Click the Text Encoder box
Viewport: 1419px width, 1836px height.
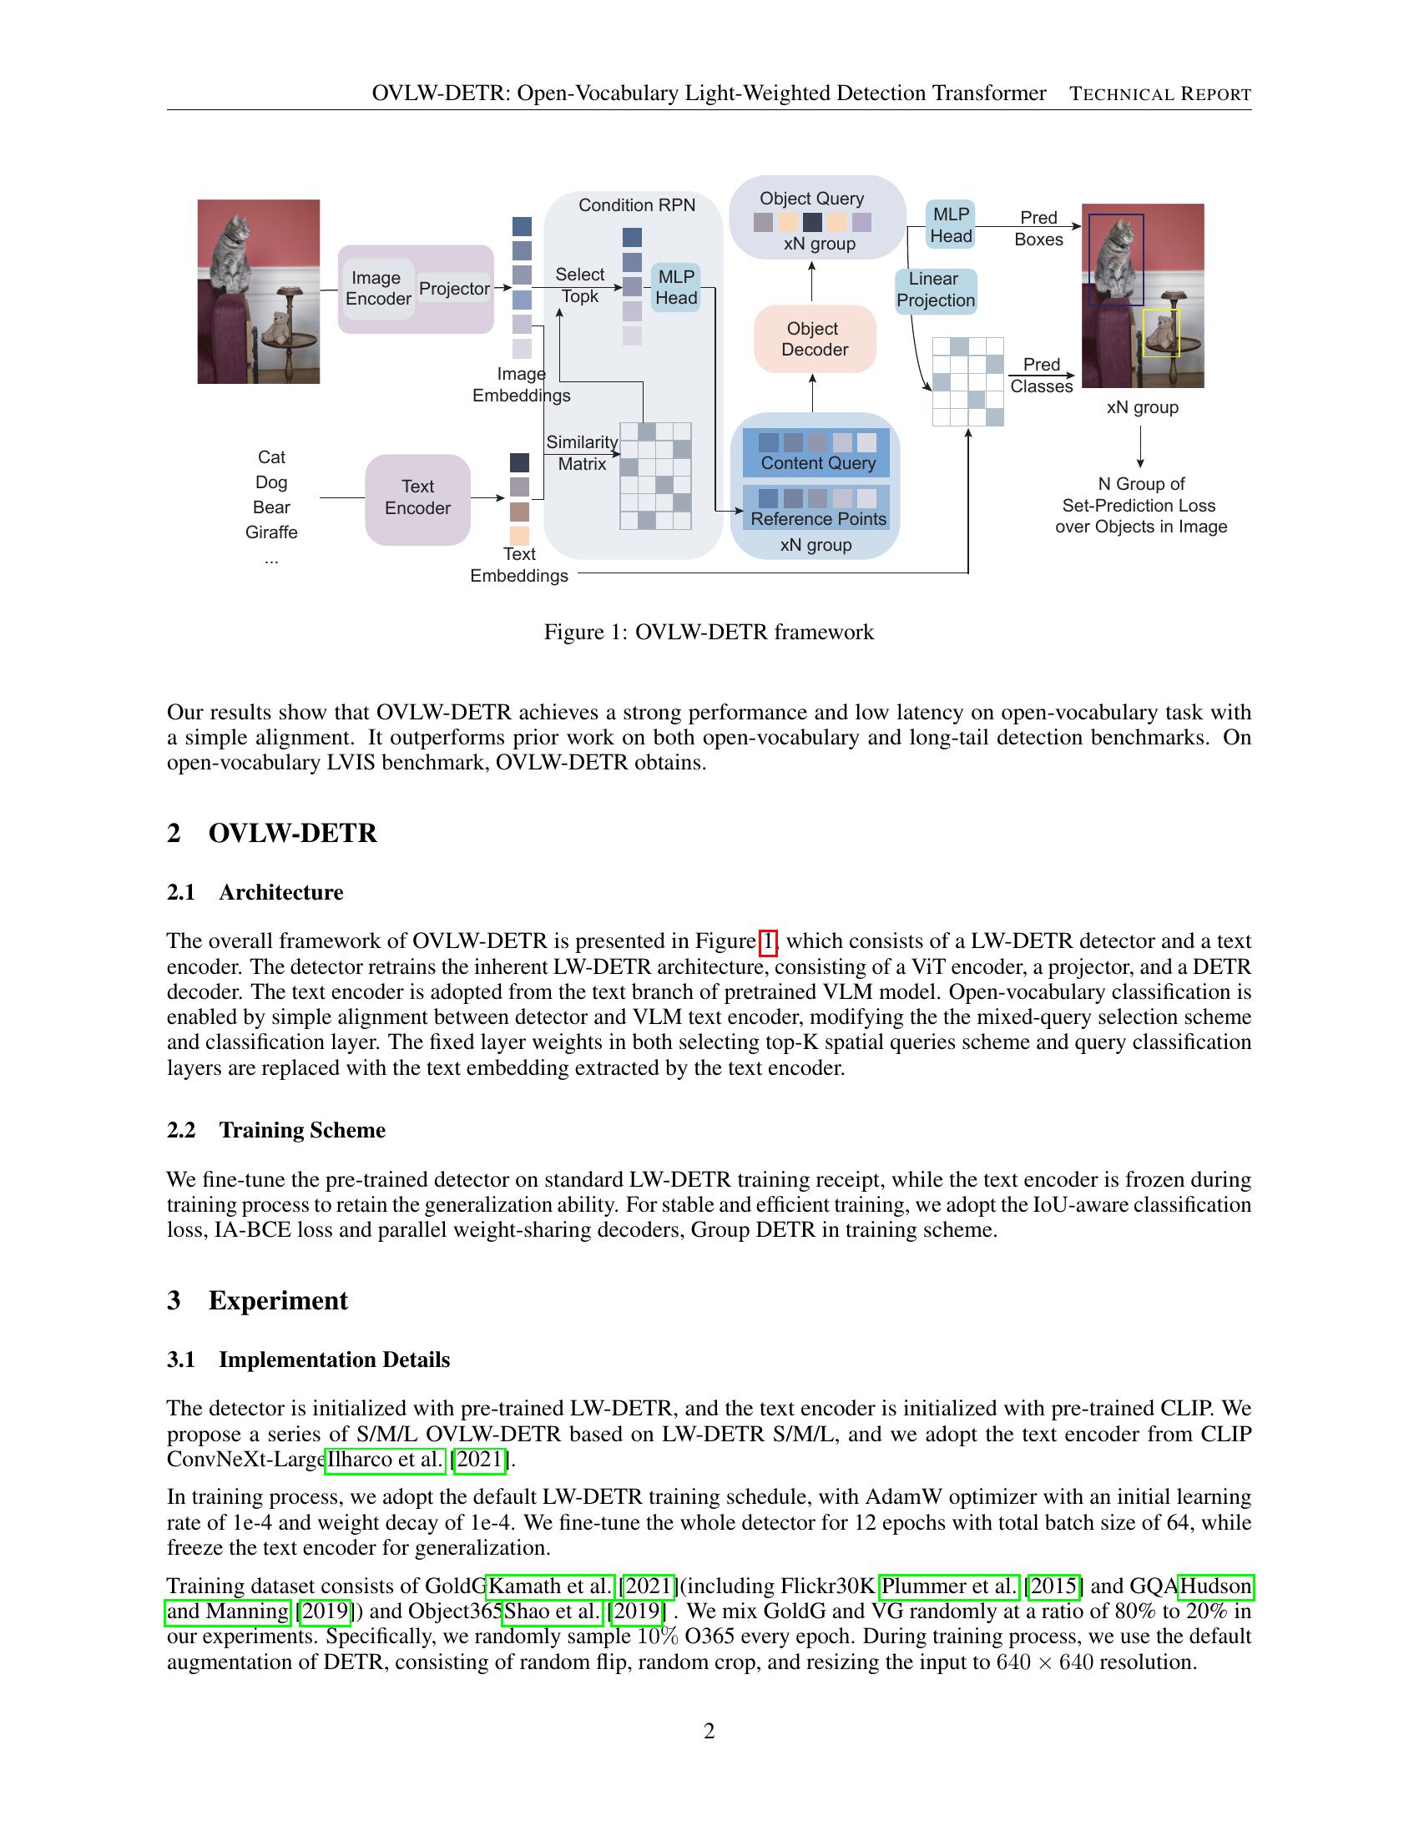click(x=417, y=497)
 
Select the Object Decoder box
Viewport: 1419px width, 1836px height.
click(x=815, y=339)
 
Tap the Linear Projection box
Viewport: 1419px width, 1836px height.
click(x=935, y=290)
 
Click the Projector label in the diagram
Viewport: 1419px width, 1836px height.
click(x=454, y=289)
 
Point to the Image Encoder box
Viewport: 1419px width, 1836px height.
click(x=378, y=289)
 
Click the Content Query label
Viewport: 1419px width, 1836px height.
click(x=818, y=463)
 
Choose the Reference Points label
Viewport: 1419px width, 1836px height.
click(x=818, y=519)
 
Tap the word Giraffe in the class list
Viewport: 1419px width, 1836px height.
click(x=271, y=532)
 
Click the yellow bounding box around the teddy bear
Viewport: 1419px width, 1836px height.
click(x=1161, y=333)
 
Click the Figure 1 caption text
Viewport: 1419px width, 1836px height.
click(x=709, y=633)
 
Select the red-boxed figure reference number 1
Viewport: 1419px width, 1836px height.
click(x=767, y=941)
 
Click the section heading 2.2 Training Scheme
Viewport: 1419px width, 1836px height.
click(x=276, y=1130)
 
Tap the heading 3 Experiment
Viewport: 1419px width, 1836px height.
click(x=257, y=1300)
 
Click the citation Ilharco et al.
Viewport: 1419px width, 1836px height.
click(x=385, y=1460)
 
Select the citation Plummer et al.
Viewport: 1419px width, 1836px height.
click(x=949, y=1586)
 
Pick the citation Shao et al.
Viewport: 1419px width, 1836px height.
click(x=553, y=1612)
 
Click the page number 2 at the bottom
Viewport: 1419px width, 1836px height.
click(x=709, y=1731)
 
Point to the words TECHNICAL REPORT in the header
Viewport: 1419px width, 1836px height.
click(x=1160, y=94)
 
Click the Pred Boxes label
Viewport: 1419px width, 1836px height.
click(x=1038, y=229)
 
